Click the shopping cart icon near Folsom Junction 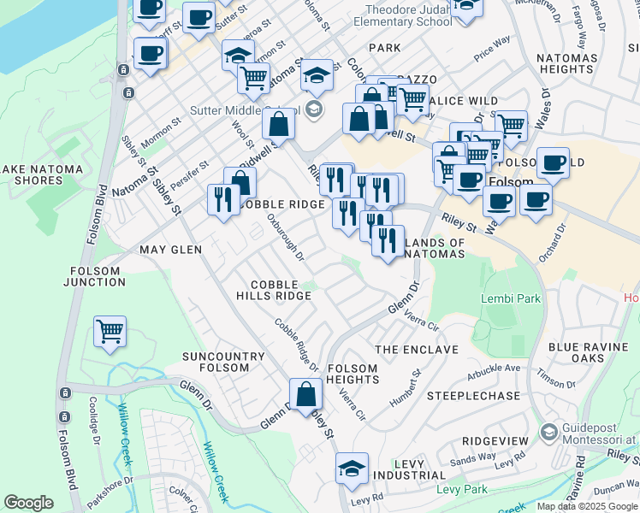[x=110, y=332]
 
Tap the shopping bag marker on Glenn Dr [x=305, y=394]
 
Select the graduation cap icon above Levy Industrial [x=351, y=469]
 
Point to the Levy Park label [x=461, y=489]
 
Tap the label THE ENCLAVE [x=417, y=350]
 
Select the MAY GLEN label [x=171, y=250]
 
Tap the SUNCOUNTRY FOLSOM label [x=215, y=361]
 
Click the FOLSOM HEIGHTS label [x=352, y=374]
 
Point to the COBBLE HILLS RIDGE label [x=274, y=290]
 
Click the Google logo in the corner [x=29, y=503]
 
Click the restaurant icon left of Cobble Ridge [x=223, y=200]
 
